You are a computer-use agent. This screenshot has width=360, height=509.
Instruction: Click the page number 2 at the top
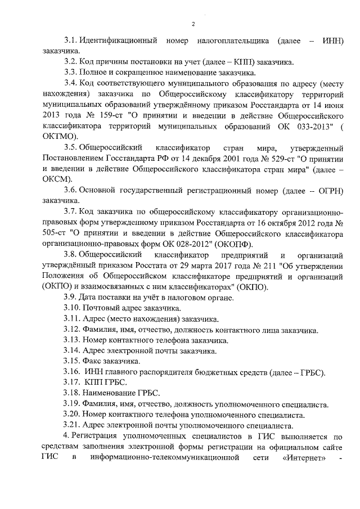[192, 24]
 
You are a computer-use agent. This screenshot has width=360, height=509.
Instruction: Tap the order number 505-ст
[54, 233]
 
